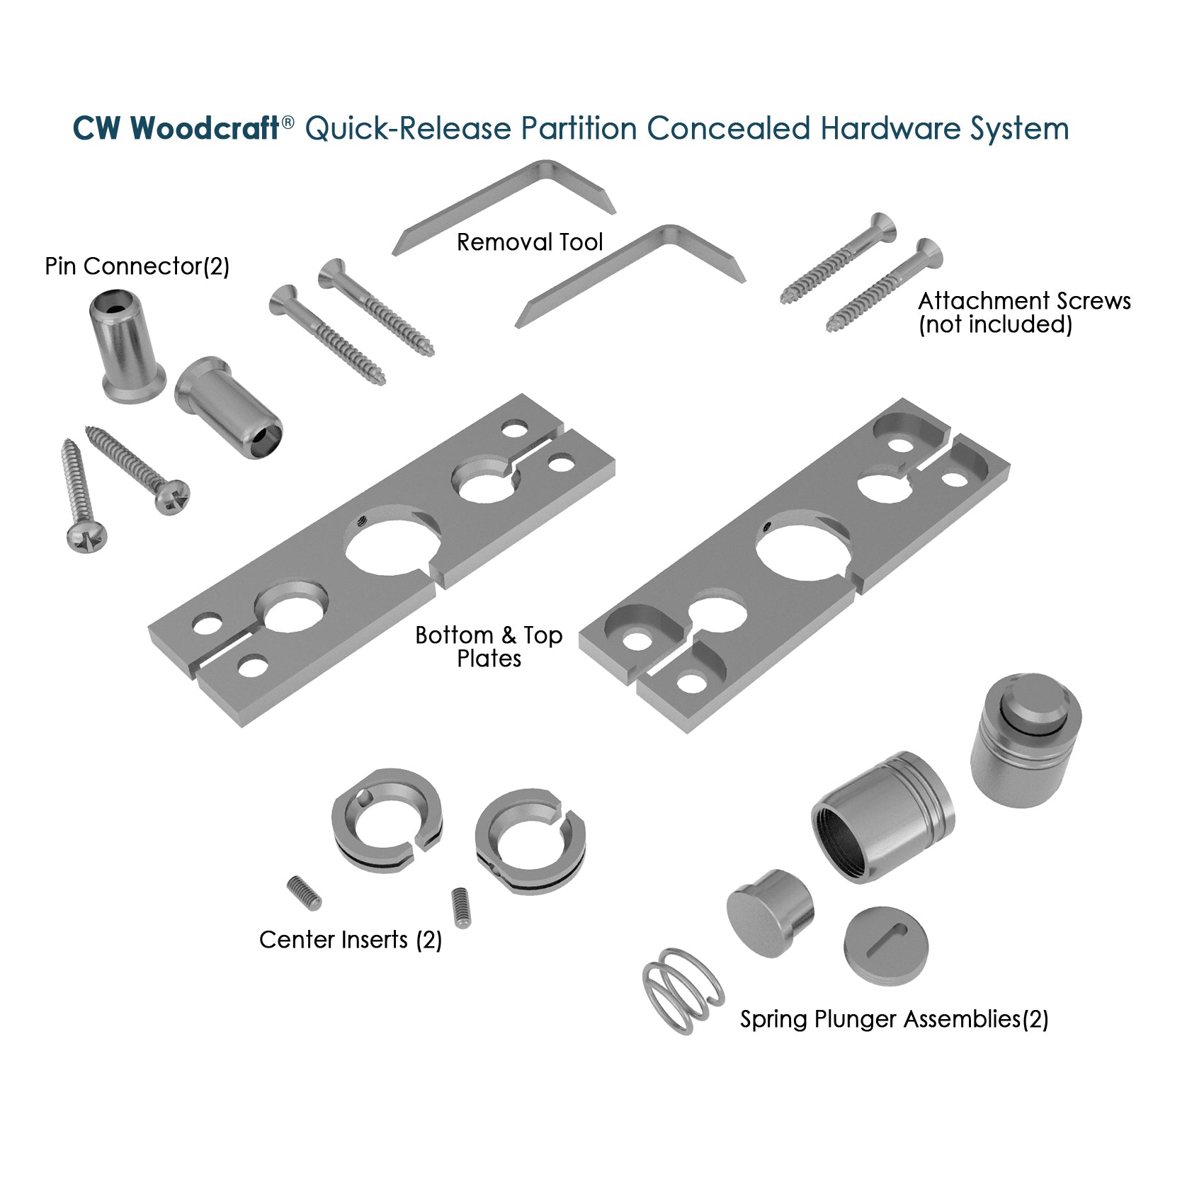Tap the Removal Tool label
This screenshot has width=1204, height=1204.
(529, 243)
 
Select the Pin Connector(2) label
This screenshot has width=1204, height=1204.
(137, 266)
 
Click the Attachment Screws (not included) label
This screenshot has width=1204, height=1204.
(1023, 312)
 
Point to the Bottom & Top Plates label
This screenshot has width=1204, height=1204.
(489, 646)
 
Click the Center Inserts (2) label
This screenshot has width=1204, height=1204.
(351, 940)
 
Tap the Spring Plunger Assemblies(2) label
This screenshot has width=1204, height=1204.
(894, 1019)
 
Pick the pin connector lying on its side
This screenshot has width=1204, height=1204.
(228, 407)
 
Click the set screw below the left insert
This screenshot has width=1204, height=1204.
(305, 892)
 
